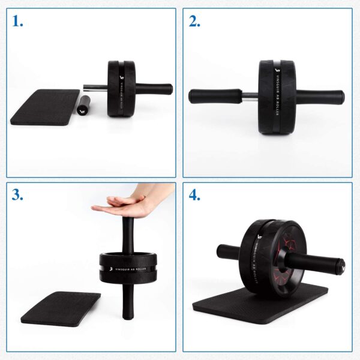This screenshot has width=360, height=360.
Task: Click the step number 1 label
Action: (x=17, y=22)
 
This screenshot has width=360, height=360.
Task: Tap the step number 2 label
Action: (x=194, y=22)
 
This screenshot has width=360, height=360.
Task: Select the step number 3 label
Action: (x=18, y=196)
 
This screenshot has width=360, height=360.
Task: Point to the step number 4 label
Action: (x=194, y=196)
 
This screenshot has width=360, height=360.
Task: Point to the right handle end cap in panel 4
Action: (x=340, y=263)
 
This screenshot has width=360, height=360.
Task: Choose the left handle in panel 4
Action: (x=227, y=251)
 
